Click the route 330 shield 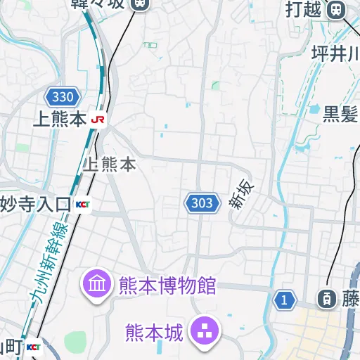tap(62, 97)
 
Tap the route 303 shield tap(201, 203)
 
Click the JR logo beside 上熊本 tap(98, 120)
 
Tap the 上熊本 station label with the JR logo tap(60, 120)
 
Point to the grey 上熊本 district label tap(109, 165)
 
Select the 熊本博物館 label tap(167, 286)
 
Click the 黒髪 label tap(341, 113)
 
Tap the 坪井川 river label tap(335, 53)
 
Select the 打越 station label tap(304, 9)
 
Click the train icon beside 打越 tap(337, 9)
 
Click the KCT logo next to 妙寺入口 tap(83, 205)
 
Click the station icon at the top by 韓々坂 tap(140, 3)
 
